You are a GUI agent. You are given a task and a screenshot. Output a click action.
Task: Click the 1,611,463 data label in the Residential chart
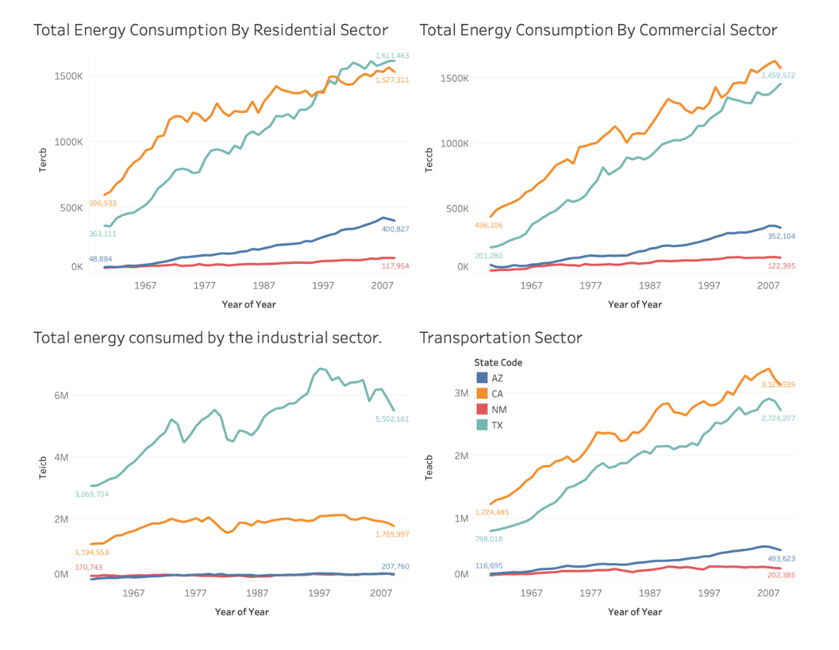pos(392,55)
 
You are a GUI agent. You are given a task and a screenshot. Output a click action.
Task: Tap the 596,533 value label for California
pos(103,203)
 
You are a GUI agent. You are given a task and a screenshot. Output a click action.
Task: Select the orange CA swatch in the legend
pos(482,393)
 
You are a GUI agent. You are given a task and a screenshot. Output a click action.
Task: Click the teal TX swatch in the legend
pos(482,425)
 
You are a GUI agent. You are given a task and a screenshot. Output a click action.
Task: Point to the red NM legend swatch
pos(482,410)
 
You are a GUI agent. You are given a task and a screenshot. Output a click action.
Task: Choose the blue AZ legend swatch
pos(482,377)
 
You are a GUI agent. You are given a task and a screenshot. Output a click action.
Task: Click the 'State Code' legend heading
pos(498,362)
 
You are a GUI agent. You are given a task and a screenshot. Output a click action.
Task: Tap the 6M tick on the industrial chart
pos(61,394)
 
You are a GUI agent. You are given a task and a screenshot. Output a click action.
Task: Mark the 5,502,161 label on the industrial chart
pos(392,419)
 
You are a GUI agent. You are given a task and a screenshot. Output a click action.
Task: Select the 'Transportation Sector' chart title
pos(501,337)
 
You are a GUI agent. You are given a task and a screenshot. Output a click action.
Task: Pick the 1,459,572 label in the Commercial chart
pos(778,75)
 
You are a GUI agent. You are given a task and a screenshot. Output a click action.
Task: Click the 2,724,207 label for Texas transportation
pos(778,418)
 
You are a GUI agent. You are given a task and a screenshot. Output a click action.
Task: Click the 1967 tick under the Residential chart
pos(146,286)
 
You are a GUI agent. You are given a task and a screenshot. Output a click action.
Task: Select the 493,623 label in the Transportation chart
pos(778,558)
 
